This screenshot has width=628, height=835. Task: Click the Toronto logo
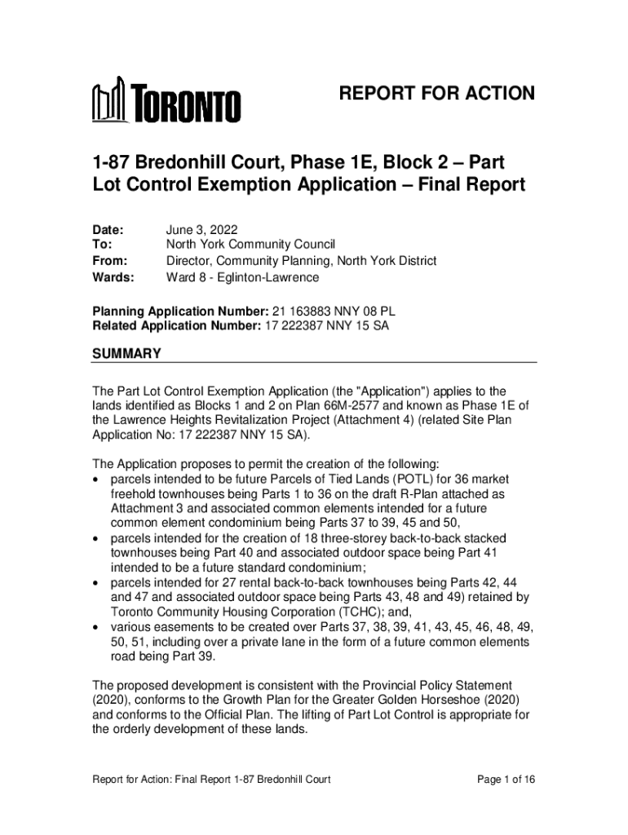point(166,101)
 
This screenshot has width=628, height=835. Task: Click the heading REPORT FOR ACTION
point(437,94)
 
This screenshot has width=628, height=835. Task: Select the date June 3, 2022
point(201,230)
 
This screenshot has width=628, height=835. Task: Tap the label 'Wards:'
point(111,277)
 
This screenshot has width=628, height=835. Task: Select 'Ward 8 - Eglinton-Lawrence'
point(242,277)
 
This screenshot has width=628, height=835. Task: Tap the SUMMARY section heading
point(126,354)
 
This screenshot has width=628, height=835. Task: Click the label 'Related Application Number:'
point(175,327)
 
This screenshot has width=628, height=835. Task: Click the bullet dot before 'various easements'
point(97,628)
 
